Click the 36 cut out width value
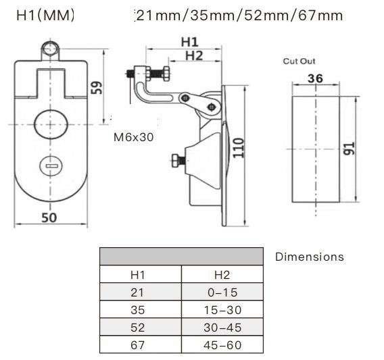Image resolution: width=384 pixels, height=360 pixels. click(314, 79)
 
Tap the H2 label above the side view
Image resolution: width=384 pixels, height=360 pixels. click(193, 55)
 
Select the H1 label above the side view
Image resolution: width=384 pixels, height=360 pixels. click(190, 42)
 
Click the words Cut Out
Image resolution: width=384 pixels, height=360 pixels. click(298, 61)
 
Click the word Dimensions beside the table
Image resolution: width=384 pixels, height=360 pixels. click(309, 257)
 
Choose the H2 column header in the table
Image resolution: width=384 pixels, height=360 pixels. click(222, 275)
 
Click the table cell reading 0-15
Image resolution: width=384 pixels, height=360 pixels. click(222, 292)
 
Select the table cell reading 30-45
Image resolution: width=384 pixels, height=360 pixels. click(222, 328)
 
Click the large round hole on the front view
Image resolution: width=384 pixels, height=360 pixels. click(51, 124)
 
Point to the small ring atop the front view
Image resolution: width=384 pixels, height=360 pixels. click(50, 48)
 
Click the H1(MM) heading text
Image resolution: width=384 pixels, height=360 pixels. click(45, 14)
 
